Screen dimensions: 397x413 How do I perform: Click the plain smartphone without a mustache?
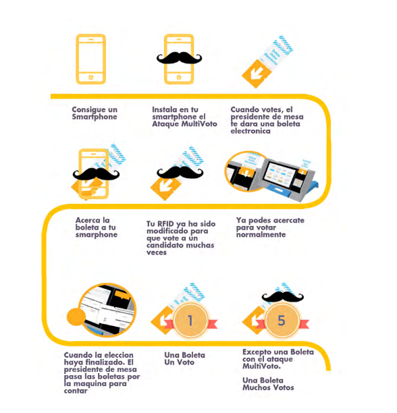point(91,59)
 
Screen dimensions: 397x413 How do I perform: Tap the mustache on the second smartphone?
point(179,57)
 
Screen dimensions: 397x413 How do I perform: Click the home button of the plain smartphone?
point(91,77)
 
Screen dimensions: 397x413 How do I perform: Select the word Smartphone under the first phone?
point(95,117)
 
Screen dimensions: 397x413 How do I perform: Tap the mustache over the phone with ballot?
point(96,174)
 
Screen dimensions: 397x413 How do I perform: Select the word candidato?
point(163,245)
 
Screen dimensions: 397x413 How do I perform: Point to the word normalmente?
point(261,234)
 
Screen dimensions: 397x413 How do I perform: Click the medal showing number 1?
point(190,321)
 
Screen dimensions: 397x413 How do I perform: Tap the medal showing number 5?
point(282,321)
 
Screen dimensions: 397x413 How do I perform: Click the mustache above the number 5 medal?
point(283,297)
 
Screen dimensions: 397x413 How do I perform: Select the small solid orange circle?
point(76,316)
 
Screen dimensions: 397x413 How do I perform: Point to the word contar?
point(76,391)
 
